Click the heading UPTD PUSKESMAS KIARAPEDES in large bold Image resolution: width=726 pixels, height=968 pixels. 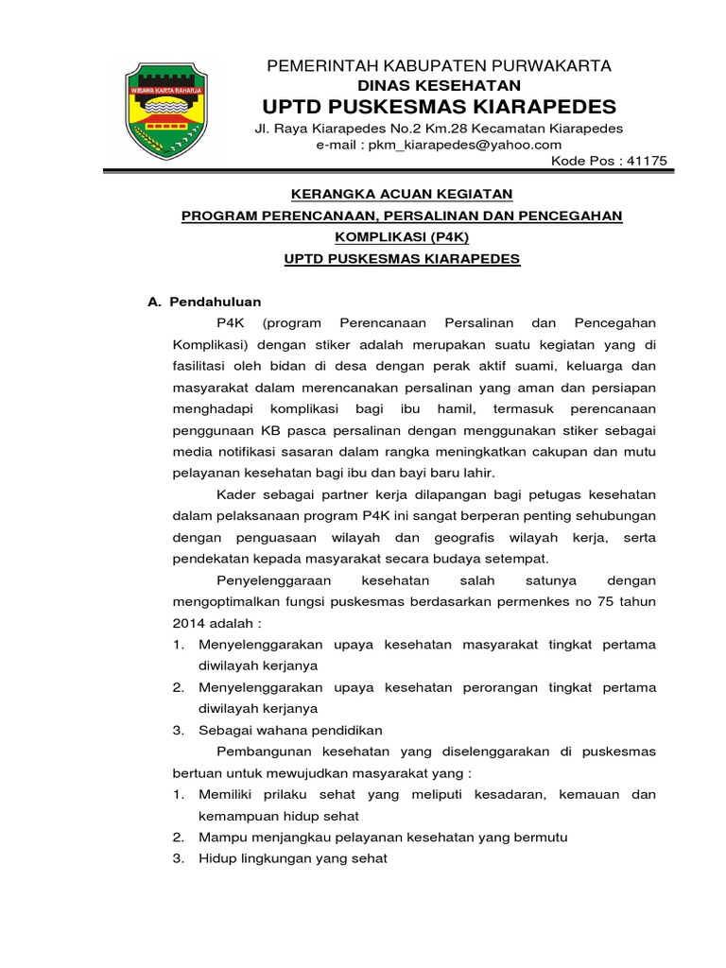click(440, 105)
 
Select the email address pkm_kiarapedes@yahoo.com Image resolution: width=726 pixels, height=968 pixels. click(439, 145)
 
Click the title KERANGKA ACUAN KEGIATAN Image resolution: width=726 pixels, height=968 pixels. click(401, 194)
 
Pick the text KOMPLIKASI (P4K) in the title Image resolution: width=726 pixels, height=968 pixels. click(402, 237)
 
